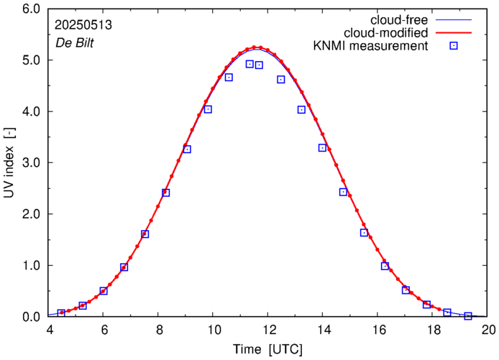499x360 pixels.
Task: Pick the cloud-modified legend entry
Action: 388,32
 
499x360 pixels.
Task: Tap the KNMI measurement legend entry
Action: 374,46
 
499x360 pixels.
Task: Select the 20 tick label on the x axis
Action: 488,331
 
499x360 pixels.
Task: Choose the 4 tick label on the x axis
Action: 49,331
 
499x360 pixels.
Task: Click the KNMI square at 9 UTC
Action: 187,149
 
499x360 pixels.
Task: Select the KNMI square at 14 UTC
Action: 323,147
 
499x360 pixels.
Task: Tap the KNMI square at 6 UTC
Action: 104,291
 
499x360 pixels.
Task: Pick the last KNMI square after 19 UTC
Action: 468,316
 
